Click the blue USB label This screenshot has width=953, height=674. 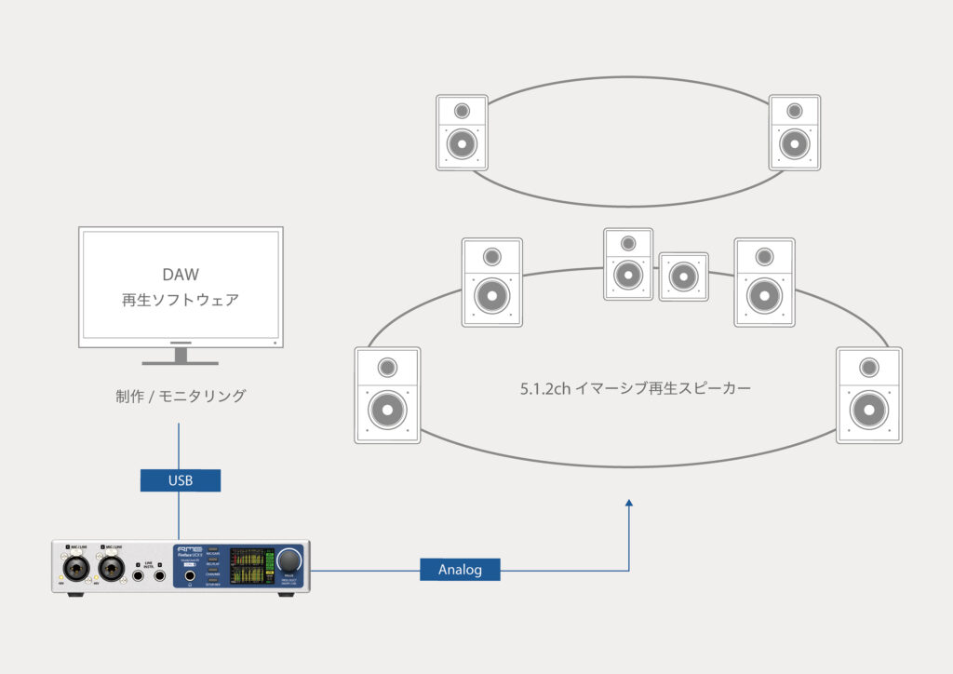coord(180,480)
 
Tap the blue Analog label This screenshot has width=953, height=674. coord(460,569)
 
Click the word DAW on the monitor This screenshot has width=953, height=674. coord(181,275)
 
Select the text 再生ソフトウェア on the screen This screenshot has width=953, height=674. coord(181,300)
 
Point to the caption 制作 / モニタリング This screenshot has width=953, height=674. coord(181,396)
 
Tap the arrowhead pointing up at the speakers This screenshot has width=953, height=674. coord(630,504)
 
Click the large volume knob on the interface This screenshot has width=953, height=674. coord(289,559)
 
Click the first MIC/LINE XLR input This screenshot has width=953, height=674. coord(74,567)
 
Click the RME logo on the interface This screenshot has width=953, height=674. coord(185,549)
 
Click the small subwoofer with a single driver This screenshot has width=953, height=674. coord(683,276)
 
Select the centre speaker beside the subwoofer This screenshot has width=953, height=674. coord(628,263)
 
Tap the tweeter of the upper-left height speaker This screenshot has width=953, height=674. coord(463,112)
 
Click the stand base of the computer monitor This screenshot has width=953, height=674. coord(180,361)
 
